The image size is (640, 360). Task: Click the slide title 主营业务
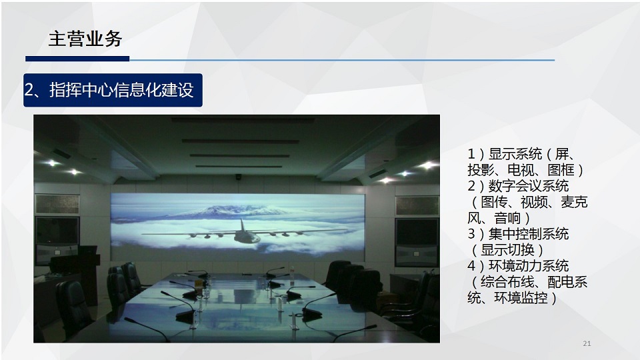point(85,39)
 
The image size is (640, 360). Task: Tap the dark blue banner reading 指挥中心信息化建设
point(113,90)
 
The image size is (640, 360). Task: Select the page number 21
point(587,344)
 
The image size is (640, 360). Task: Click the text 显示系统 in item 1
point(515,154)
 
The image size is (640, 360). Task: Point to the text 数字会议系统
point(529,186)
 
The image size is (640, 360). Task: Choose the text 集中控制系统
point(529,234)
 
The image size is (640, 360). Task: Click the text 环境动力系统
point(529,266)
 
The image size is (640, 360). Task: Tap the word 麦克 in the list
point(574,202)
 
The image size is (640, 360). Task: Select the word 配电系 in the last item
point(568,281)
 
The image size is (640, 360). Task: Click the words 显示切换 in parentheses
point(508,250)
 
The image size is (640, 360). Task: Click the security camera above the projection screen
point(239,177)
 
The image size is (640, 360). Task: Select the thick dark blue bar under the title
point(77,59)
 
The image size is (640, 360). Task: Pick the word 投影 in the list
point(481,170)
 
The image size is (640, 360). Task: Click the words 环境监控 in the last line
point(521,297)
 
